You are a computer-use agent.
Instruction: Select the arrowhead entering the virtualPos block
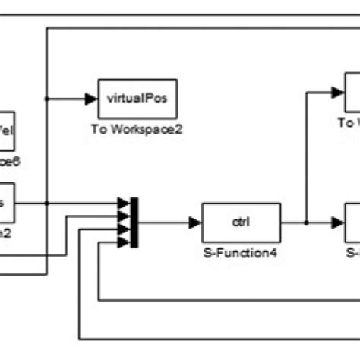pyautogui.click(x=92, y=98)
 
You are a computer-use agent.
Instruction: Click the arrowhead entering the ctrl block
pyautogui.click(x=196, y=223)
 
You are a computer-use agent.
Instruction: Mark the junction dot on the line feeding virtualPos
pyautogui.click(x=47, y=98)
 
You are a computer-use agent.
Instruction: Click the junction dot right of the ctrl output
pyautogui.click(x=306, y=223)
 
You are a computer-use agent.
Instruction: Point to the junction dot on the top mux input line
pyautogui.click(x=47, y=204)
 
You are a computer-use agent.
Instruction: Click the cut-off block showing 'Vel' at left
pyautogui.click(x=11, y=131)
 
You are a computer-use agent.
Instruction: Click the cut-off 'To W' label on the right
pyautogui.click(x=348, y=122)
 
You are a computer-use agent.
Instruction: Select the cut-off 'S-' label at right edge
pyautogui.click(x=352, y=250)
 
